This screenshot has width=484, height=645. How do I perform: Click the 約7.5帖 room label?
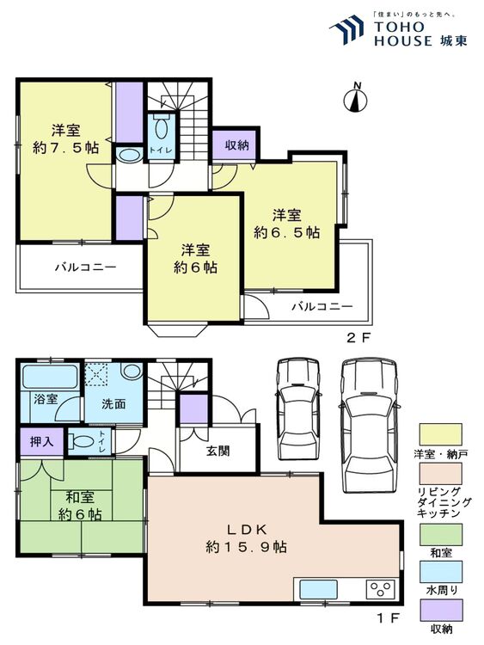pos(66,148)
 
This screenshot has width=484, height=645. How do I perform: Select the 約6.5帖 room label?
pos(286,232)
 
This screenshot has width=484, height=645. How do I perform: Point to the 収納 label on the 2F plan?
pos(237,144)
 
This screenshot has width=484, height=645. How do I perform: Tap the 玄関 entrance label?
pos(218,451)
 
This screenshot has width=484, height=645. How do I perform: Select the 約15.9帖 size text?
pos(246,547)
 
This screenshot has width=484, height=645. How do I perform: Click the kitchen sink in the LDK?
pos(318,589)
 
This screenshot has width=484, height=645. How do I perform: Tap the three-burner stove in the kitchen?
pos(380,589)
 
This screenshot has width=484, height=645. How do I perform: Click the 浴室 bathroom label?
pos(46,398)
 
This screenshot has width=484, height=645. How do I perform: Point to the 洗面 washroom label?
pos(113,404)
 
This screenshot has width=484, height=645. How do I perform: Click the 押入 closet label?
pos(41,441)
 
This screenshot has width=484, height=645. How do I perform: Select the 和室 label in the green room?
pos(80,497)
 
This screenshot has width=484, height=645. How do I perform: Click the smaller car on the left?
pos(297,408)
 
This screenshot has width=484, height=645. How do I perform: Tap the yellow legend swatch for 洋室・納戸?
pos(440,434)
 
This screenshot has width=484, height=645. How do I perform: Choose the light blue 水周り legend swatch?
pos(440,571)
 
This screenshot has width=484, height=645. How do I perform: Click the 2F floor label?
pos(359,338)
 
